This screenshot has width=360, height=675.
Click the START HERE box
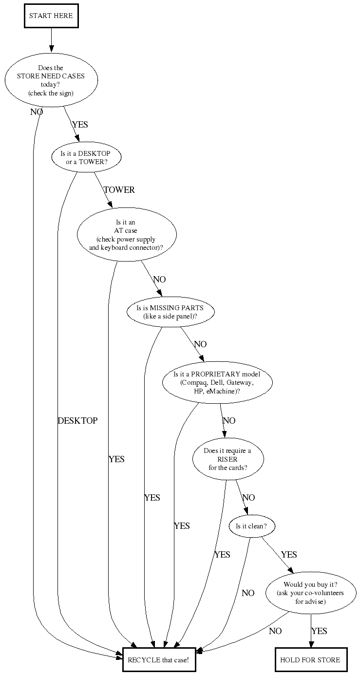(x=51, y=16)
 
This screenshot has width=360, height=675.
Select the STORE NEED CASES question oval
(x=51, y=80)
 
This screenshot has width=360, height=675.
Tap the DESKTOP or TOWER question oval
(x=86, y=157)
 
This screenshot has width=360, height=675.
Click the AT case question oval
(x=127, y=234)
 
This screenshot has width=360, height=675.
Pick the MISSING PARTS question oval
(x=171, y=312)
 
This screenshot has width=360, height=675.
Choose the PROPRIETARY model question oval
(x=217, y=383)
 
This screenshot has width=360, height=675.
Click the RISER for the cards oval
(x=228, y=459)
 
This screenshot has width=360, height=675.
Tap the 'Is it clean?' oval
(x=251, y=526)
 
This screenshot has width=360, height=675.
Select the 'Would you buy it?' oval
(x=311, y=593)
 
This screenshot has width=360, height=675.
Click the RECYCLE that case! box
(x=159, y=660)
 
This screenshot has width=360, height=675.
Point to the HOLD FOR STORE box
(x=311, y=660)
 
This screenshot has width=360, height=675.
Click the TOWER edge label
(x=119, y=190)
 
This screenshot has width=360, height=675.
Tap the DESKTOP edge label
(x=78, y=421)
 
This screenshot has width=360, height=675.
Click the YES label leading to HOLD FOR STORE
(x=319, y=631)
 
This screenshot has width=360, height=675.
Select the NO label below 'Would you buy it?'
(x=275, y=631)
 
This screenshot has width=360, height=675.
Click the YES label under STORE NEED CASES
(x=80, y=125)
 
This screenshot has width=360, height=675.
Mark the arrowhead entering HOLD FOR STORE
(x=311, y=644)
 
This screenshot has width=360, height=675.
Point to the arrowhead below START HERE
(x=51, y=49)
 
